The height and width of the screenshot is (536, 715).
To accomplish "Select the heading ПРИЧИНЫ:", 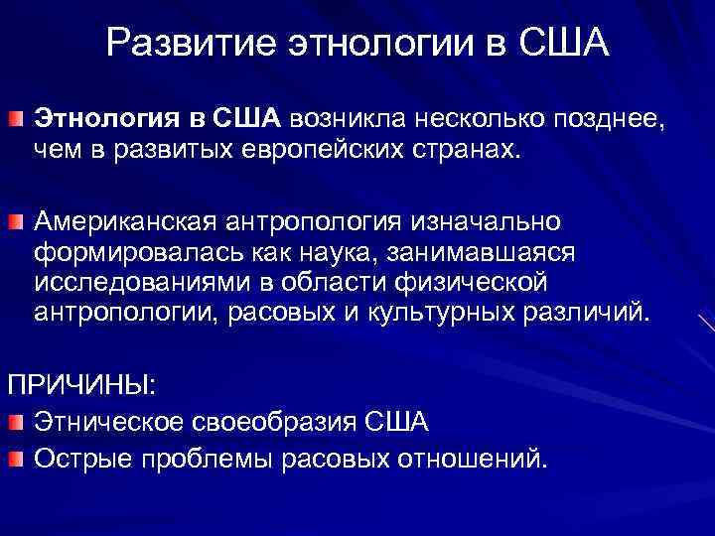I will [x=81, y=383].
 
